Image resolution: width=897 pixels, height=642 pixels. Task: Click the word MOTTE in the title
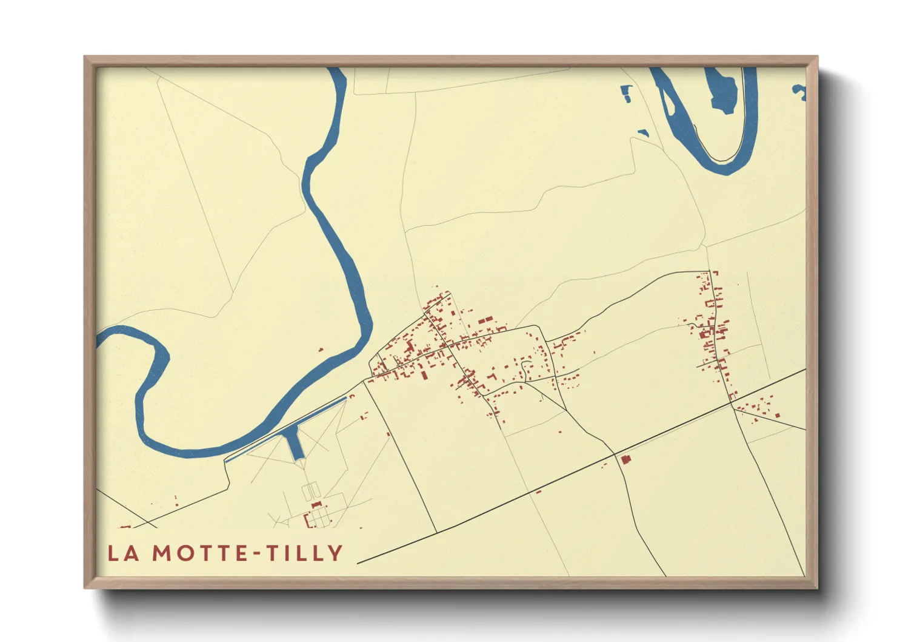point(193,553)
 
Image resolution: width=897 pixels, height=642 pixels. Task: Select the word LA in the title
point(123,553)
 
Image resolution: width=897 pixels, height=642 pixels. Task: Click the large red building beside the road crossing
point(625,460)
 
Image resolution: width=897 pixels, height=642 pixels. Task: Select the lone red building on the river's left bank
point(321,350)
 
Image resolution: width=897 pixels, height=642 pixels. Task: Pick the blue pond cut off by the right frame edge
point(800,92)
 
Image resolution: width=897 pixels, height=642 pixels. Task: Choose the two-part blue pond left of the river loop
point(626,92)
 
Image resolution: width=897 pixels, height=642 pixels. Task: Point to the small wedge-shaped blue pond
point(643,132)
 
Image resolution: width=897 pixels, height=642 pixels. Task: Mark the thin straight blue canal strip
point(285,428)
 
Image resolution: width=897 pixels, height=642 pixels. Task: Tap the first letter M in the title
point(162,553)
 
